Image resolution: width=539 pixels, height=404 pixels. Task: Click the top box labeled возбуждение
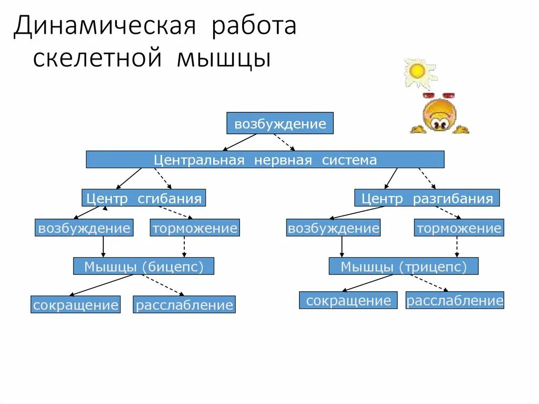click(280, 124)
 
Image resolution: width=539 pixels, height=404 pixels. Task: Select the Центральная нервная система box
click(265, 160)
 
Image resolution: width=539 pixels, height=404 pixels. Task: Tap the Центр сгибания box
click(144, 198)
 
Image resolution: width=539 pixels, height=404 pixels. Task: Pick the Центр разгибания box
click(427, 198)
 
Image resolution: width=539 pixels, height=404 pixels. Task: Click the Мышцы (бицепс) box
click(144, 267)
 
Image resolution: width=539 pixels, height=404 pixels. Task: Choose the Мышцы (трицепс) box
click(404, 267)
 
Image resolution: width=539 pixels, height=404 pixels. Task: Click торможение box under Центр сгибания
click(195, 228)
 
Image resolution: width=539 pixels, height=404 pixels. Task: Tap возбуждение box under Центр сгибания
click(84, 228)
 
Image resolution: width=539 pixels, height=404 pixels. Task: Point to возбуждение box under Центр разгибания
click(333, 228)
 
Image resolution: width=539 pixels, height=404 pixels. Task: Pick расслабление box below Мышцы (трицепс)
click(455, 300)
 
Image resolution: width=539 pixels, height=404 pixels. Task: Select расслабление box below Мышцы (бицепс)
click(184, 305)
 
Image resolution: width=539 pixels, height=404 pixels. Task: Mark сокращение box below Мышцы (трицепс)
click(348, 300)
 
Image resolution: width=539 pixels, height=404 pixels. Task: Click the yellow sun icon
click(417, 71)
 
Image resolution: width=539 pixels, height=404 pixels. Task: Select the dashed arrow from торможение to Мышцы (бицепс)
click(184, 247)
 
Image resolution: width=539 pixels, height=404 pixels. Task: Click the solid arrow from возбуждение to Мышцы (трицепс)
click(342, 247)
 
